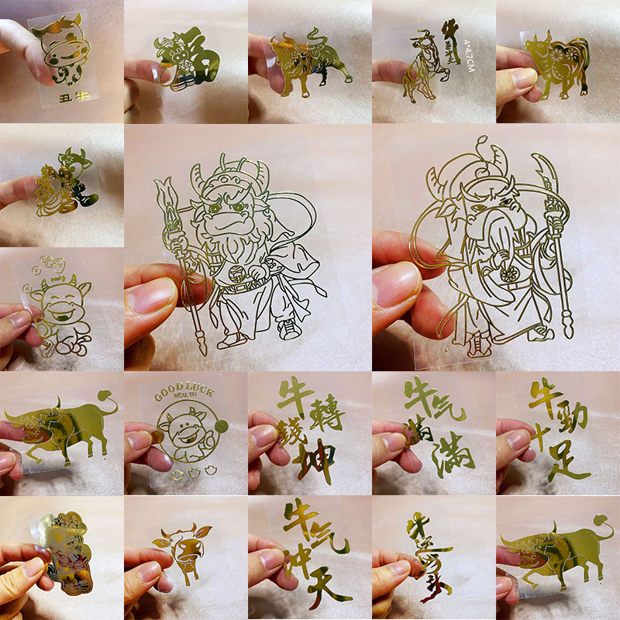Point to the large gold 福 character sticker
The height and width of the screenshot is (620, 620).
click(186, 58)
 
